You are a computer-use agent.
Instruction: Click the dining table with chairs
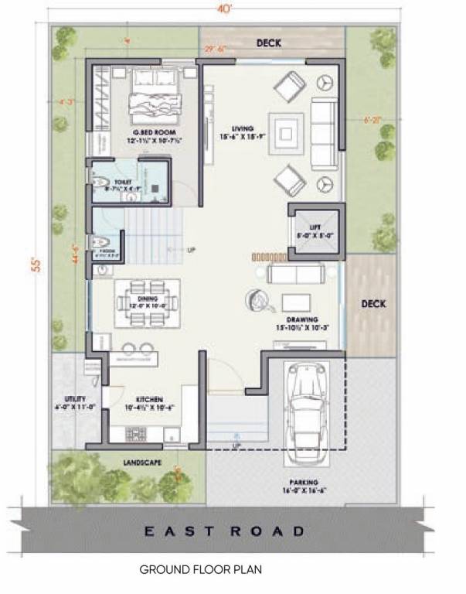tap(148, 299)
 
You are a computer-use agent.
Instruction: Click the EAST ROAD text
tap(225, 531)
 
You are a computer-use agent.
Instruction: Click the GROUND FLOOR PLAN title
tap(201, 570)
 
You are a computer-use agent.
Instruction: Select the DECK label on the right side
tap(373, 304)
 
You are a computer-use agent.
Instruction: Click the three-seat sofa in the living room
tap(325, 134)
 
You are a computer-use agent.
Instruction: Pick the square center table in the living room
tap(287, 133)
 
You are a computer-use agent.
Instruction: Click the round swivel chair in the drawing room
tap(257, 297)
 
